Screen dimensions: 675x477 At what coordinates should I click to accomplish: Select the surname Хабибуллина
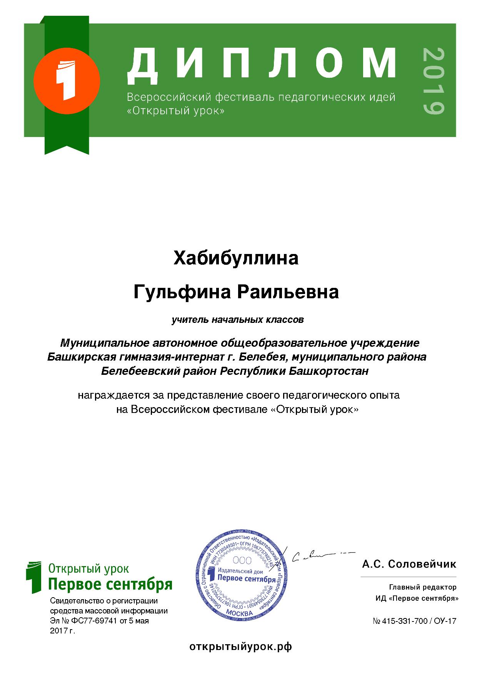[x=236, y=258]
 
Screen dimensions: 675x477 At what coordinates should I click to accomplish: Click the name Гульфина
[x=182, y=292]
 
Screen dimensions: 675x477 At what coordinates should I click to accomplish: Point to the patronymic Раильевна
[x=287, y=292]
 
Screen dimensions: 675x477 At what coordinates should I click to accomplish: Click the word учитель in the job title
[x=189, y=320]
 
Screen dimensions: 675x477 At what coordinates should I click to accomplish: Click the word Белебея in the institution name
[x=263, y=357]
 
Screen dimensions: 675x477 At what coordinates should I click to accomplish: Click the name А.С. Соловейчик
[x=409, y=565]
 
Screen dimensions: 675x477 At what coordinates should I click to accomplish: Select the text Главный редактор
[x=423, y=587]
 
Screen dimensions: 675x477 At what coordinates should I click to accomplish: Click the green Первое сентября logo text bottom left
[x=110, y=585]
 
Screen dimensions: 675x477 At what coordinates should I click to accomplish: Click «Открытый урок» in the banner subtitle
[x=175, y=111]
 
